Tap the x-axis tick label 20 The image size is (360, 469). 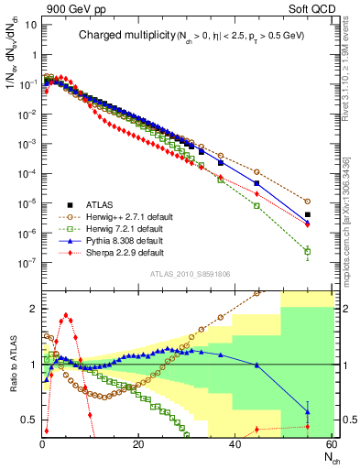(x=137, y=444)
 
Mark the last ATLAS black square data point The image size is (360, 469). (x=307, y=215)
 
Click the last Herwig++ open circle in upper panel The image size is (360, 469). (x=307, y=201)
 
